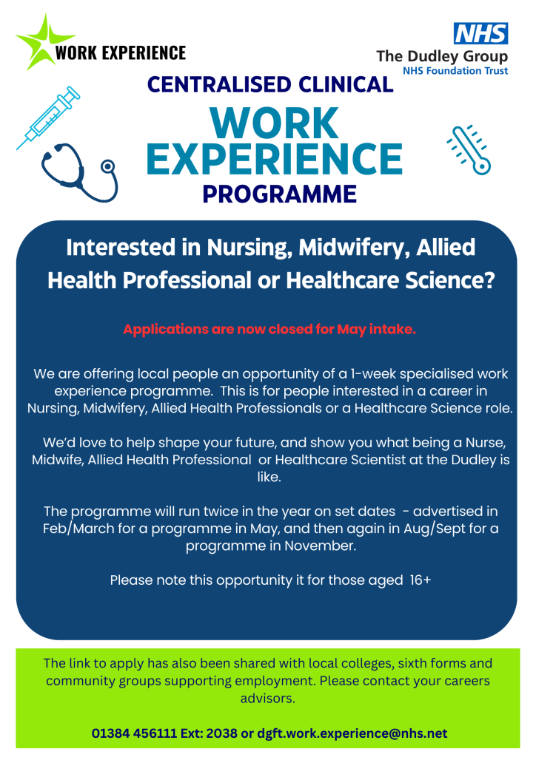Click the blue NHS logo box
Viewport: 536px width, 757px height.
pos(481,33)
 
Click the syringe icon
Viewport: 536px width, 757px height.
pos(48,118)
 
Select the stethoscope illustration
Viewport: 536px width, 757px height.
pos(80,172)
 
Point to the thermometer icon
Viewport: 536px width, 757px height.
pos(469,149)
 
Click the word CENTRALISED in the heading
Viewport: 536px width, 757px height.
pos(219,84)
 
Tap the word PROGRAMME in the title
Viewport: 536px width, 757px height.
pos(279,194)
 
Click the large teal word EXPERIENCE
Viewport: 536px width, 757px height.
pos(275,158)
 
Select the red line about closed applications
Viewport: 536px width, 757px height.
pos(269,329)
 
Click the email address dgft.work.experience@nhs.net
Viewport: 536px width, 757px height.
pos(352,733)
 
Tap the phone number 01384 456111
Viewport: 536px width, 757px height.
pos(134,733)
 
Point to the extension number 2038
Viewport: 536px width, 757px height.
pos(222,733)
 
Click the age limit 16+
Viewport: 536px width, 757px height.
pos(420,580)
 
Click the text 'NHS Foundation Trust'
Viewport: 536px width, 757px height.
pos(455,71)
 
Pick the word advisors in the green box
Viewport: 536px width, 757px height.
pos(267,698)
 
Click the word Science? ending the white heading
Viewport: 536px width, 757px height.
pos(450,280)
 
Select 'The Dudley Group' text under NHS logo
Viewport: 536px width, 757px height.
pos(442,57)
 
